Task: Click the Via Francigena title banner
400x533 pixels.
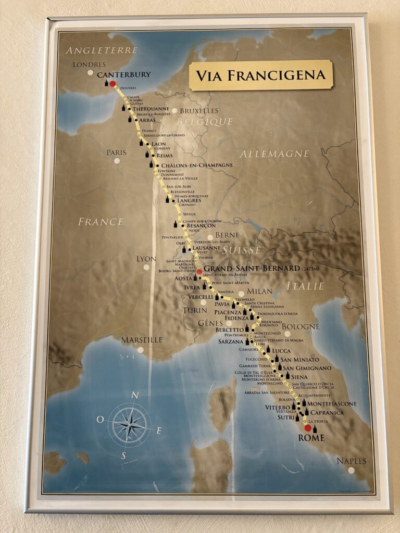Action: point(260,75)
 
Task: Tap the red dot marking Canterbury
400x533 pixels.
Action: point(113,84)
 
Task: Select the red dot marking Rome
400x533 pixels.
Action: point(308,428)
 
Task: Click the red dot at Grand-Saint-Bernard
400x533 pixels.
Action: point(199,272)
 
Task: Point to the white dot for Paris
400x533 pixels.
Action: point(117,161)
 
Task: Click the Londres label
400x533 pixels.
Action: point(86,65)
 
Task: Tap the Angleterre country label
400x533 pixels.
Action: point(102,50)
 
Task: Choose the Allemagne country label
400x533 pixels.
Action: point(274,154)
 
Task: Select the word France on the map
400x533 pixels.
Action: point(101,222)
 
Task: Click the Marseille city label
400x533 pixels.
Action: point(142,340)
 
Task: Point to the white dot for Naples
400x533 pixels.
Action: point(352,470)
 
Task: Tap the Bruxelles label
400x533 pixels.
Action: point(199,111)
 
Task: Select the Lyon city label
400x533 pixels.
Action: point(146,259)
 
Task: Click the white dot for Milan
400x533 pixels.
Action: point(241,294)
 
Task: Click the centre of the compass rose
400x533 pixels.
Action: point(129,425)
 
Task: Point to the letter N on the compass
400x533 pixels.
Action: point(134,396)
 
